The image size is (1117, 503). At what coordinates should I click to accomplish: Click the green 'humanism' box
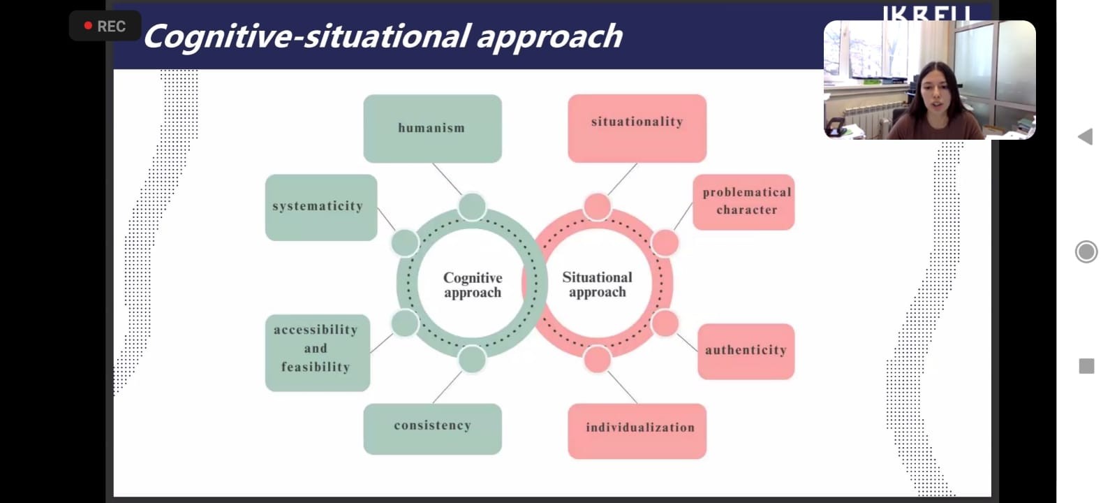(x=432, y=129)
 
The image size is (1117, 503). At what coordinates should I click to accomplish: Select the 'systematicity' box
(x=320, y=207)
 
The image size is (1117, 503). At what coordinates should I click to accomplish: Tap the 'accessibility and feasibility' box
(x=317, y=352)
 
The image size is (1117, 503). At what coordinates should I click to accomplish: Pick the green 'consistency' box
(x=432, y=428)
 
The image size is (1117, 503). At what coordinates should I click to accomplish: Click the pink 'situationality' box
(x=637, y=128)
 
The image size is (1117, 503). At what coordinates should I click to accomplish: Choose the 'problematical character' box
(x=744, y=202)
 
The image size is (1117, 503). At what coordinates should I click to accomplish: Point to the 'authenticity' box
(x=746, y=351)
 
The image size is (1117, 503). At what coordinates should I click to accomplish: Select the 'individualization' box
(x=637, y=430)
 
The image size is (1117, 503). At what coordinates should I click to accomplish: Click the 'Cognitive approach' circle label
(x=473, y=285)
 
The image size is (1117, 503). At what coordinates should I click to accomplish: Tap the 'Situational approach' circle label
(x=597, y=284)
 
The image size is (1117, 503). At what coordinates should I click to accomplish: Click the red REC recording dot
(x=88, y=26)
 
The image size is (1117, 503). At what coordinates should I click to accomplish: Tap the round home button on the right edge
(x=1086, y=251)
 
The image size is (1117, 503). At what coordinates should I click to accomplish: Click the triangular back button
(x=1086, y=136)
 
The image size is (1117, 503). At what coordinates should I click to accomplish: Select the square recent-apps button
(x=1086, y=366)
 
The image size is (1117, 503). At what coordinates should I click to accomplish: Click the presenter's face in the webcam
(x=933, y=91)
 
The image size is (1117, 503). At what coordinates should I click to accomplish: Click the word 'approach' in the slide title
(x=549, y=37)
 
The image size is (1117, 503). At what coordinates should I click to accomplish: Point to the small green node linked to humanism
(x=472, y=207)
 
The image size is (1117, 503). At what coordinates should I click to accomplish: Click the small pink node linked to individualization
(x=597, y=359)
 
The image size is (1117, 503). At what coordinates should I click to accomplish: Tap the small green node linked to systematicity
(x=405, y=243)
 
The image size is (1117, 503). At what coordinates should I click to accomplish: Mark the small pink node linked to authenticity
(x=665, y=323)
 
